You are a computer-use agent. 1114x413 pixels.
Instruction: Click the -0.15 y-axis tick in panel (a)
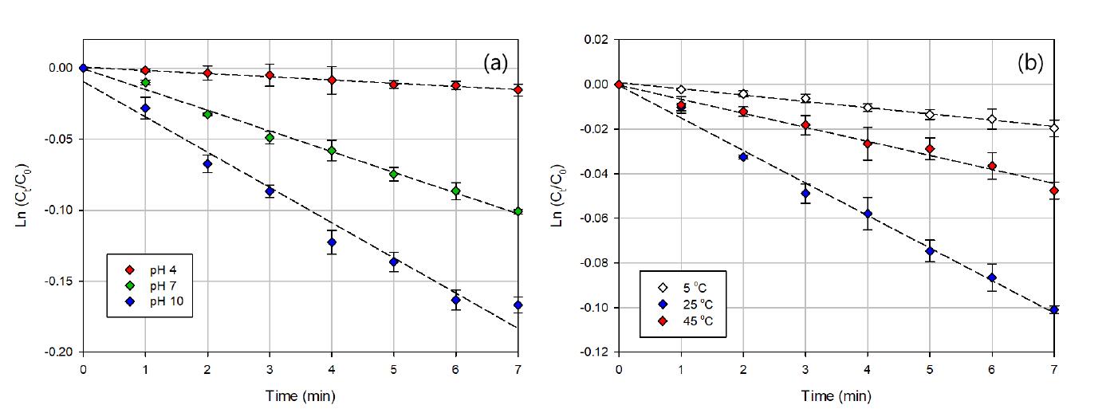coord(61,281)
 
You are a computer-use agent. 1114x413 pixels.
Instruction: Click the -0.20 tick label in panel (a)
coord(61,352)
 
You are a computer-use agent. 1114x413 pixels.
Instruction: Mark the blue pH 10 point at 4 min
coord(331,242)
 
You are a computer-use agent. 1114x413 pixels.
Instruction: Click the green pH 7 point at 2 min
coord(207,114)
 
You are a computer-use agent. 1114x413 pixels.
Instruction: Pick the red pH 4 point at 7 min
coord(518,90)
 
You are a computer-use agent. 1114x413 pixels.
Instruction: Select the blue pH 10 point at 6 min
coord(456,301)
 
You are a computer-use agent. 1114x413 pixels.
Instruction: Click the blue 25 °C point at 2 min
coord(743,157)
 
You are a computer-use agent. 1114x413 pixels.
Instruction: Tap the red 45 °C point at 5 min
coord(930,149)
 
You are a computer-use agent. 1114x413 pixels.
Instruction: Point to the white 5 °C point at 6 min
coord(992,120)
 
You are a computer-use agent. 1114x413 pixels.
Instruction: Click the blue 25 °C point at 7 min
coord(1054,310)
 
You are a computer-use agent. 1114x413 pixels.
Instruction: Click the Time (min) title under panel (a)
coord(301,395)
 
